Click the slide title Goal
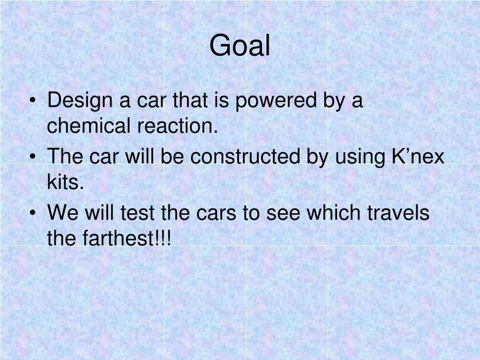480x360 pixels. click(x=240, y=46)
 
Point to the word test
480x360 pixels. click(x=138, y=213)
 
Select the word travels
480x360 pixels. click(x=397, y=213)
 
